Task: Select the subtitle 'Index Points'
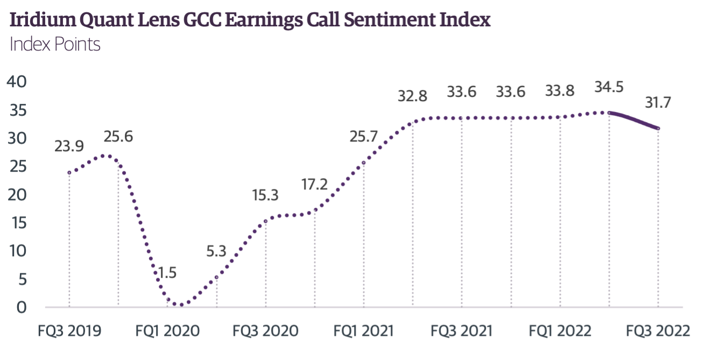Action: coord(55,44)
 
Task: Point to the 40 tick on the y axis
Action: coord(19,82)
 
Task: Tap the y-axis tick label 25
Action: coord(19,167)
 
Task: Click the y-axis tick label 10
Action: coord(19,251)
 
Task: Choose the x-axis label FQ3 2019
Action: coord(69,330)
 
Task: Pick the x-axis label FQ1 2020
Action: coord(167,330)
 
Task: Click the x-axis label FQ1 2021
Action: coord(364,330)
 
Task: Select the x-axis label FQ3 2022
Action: coord(657,330)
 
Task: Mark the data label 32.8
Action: coord(413,97)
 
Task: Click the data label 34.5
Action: coord(608,87)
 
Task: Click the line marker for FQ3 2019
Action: coord(69,173)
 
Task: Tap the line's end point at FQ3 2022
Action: coord(657,128)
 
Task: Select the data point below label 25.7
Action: coord(364,163)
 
